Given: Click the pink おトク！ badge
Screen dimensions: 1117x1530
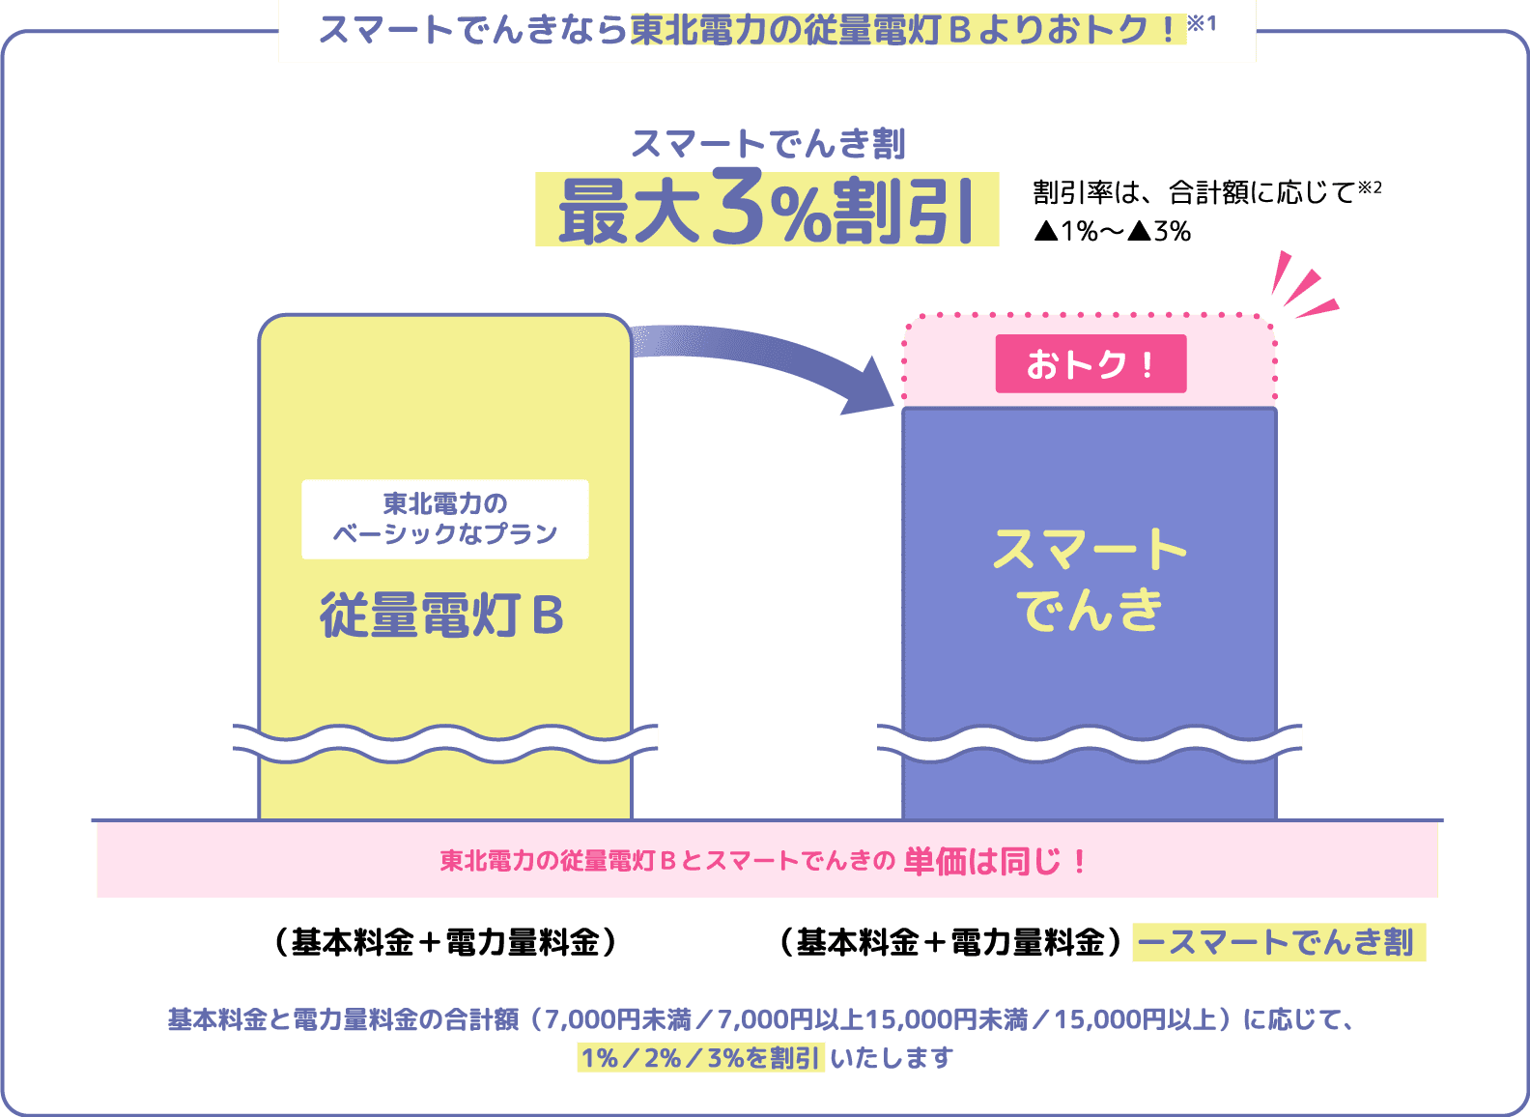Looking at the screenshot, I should pyautogui.click(x=1091, y=364).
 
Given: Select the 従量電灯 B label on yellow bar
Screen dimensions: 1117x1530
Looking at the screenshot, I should pyautogui.click(x=442, y=615).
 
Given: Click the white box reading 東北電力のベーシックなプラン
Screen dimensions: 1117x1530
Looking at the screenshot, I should pyautogui.click(x=445, y=519).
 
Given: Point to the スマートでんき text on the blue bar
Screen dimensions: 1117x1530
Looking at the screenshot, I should pyautogui.click(x=1090, y=580).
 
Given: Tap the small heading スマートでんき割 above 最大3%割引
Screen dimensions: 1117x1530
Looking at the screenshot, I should pyautogui.click(x=768, y=145).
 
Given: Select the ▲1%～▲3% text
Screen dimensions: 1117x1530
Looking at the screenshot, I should pyautogui.click(x=1112, y=232).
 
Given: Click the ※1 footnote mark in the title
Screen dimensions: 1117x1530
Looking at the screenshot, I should pyautogui.click(x=1203, y=23).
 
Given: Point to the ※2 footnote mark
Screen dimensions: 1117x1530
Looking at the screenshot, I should pyautogui.click(x=1370, y=187).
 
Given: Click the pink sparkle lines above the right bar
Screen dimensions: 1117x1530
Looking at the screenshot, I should pyautogui.click(x=1302, y=287).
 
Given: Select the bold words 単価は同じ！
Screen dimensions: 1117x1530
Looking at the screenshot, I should pyautogui.click(x=995, y=861).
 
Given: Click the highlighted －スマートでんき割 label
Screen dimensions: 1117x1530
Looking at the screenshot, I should pyautogui.click(x=1278, y=942).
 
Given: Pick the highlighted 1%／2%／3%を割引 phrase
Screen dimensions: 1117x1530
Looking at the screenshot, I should pyautogui.click(x=701, y=1058).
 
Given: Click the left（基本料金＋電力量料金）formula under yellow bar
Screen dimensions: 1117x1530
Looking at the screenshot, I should pyautogui.click(x=445, y=942).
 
